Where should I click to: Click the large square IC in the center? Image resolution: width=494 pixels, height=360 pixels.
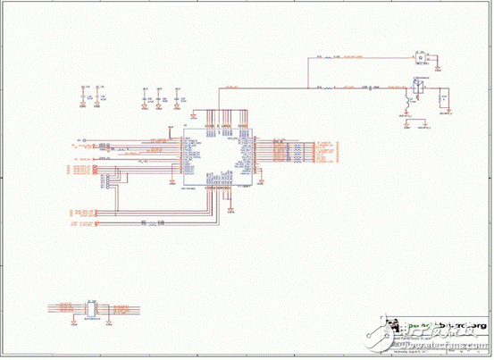(x=217, y=159)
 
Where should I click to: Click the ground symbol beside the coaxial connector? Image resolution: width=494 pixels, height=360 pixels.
(x=438, y=64)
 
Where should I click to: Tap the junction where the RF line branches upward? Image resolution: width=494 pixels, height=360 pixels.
(x=223, y=88)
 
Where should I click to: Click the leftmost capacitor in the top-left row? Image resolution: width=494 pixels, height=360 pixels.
(x=83, y=92)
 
